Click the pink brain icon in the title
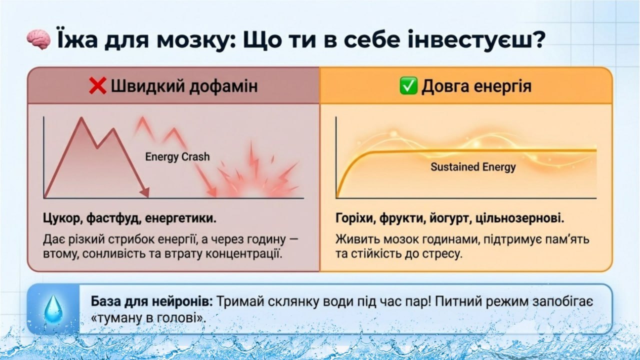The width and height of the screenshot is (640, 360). (39, 39)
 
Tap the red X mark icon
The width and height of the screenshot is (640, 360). (97, 85)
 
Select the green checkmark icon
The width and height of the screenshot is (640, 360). (408, 85)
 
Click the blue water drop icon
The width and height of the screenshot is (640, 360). (53, 309)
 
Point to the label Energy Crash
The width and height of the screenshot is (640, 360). (177, 157)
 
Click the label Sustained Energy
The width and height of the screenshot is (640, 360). (473, 167)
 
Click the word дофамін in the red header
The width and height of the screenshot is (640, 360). (223, 86)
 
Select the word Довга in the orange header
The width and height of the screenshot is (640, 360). (445, 86)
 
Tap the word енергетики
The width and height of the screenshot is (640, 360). (180, 219)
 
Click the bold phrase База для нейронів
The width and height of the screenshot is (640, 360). (151, 301)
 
